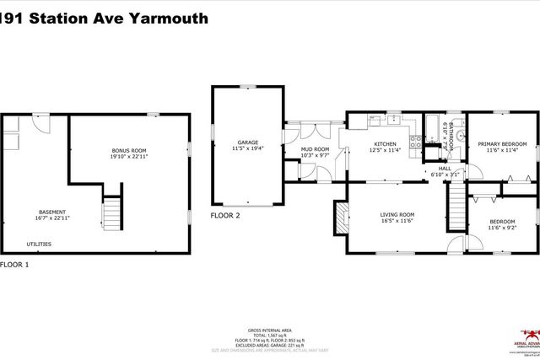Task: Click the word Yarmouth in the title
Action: coord(165,17)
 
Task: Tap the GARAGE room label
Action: coord(247,142)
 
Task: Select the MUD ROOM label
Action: coord(315,149)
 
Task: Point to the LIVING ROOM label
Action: coord(396,214)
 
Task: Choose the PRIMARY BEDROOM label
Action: coord(502,144)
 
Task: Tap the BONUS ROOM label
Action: coord(129,150)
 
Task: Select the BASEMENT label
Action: coord(52,212)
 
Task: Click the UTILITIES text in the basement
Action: coord(39,244)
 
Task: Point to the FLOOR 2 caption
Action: coord(225,216)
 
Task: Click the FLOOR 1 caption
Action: coord(14,265)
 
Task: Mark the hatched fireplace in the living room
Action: coord(340,217)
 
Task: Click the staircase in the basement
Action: coord(112,210)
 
